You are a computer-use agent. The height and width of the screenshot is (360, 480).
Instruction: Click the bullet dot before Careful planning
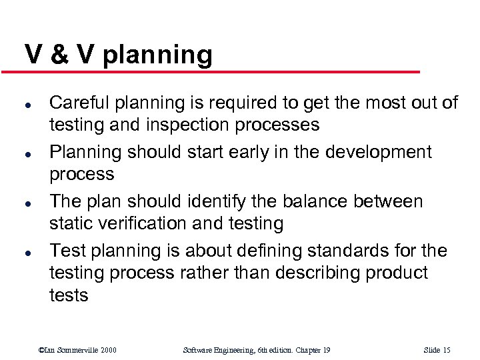point(27,104)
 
